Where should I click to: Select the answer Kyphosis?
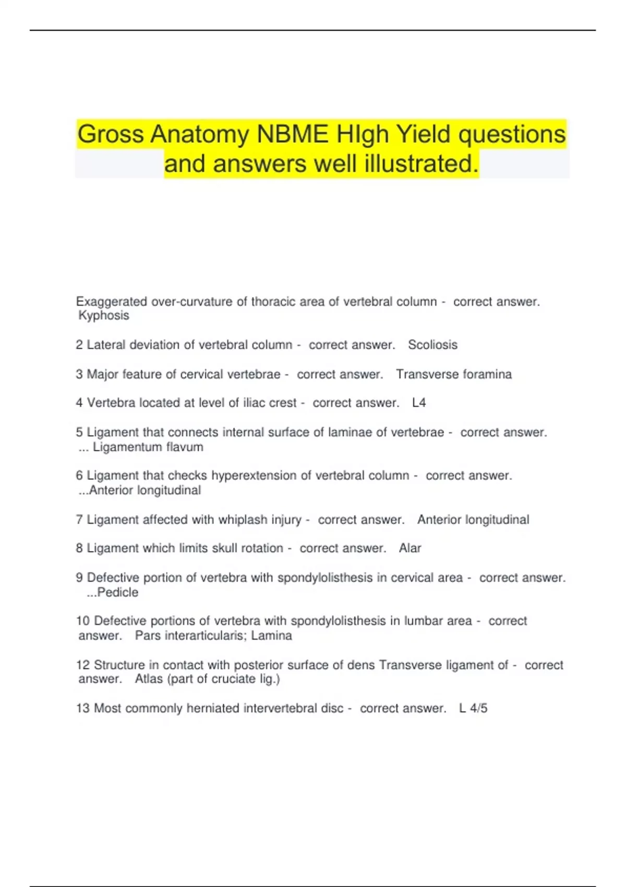[103, 316]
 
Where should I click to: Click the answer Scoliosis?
[432, 345]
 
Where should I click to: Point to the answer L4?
[419, 403]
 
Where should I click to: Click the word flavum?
[184, 447]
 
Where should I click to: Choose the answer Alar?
[410, 548]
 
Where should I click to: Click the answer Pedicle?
[117, 593]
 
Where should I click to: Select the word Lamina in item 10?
[272, 636]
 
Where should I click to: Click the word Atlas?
[149, 679]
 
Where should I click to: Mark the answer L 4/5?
[473, 709]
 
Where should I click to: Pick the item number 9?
[79, 578]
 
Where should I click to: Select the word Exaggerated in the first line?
[112, 302]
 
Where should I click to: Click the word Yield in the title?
[423, 135]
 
